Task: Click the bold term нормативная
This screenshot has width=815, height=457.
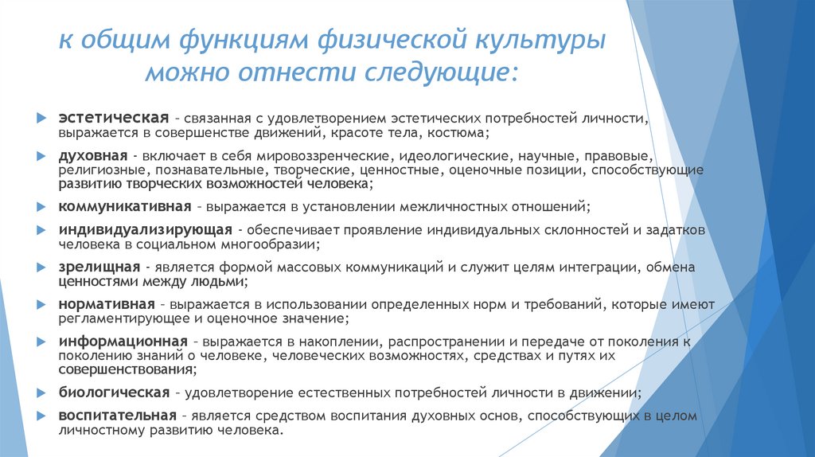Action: pos(105,305)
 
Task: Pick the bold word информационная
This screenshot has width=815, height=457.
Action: pos(122,342)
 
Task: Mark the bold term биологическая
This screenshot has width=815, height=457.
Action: pos(114,393)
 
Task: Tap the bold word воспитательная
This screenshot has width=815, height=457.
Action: pos(116,416)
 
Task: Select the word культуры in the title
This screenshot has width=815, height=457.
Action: pos(550,39)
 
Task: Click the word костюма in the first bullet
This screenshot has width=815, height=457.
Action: pos(470,131)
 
